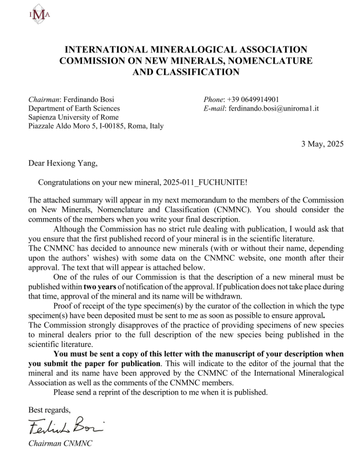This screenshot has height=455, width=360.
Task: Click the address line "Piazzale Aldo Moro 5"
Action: click(x=65, y=126)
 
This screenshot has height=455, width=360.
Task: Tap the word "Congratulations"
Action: click(x=67, y=182)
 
